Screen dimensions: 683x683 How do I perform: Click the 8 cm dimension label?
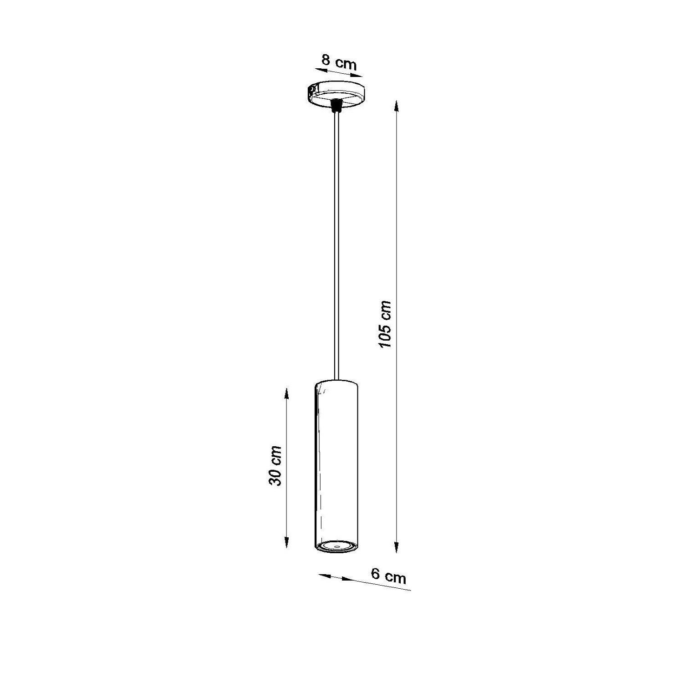point(339,62)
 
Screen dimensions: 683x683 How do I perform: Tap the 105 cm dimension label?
point(385,324)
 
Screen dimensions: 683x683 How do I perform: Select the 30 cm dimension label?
point(275,465)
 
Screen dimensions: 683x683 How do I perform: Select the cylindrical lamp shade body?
point(336,465)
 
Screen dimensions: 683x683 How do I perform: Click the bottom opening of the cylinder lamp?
point(336,545)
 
